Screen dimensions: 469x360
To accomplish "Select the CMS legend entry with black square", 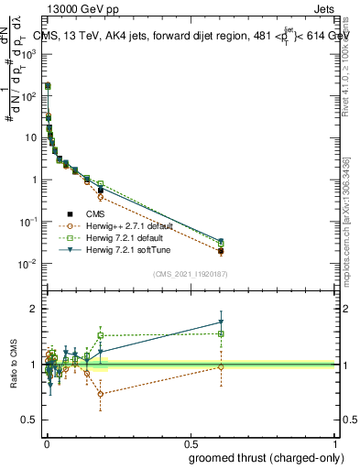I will coord(108,213).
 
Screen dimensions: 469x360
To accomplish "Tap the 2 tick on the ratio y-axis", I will coord(36,309).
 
